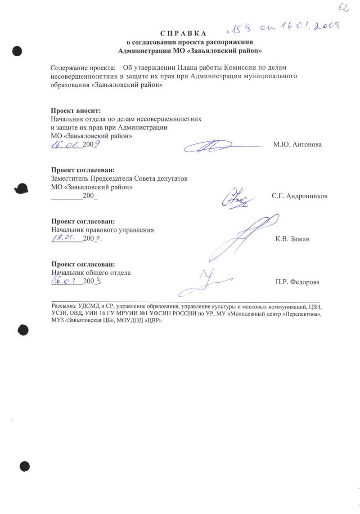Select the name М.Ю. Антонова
297,144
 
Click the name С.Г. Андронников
299,196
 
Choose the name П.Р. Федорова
297,282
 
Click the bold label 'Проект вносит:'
76,111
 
